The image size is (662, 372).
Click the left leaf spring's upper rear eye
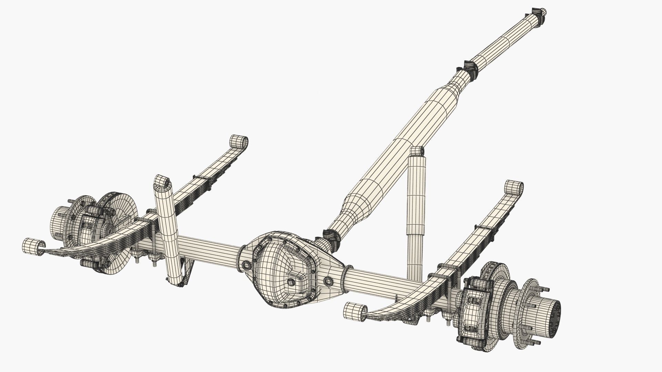pyautogui.click(x=238, y=141)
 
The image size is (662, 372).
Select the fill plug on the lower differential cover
pyautogui.click(x=292, y=281)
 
